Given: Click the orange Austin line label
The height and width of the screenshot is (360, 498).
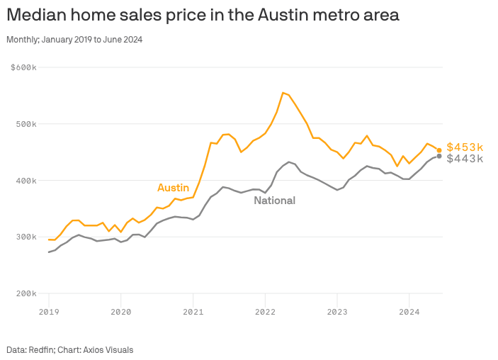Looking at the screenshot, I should coord(173,188).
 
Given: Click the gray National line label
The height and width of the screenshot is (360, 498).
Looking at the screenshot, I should coord(274,201).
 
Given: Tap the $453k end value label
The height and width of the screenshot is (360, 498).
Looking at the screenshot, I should coord(465,147).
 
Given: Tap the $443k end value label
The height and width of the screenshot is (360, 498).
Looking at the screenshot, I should coord(465,159).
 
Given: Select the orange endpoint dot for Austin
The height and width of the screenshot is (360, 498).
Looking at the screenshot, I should coord(439,150).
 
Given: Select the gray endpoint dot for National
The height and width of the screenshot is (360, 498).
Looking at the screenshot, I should coord(439,156).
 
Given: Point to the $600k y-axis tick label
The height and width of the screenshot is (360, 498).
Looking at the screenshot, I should coord(23,67).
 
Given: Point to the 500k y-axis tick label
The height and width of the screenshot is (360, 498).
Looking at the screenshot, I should coord(26,124).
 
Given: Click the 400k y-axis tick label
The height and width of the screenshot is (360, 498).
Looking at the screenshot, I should coord(26,181).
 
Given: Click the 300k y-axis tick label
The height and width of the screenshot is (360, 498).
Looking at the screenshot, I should coord(26,237).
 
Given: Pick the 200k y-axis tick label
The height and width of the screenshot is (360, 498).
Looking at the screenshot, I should coord(26,293).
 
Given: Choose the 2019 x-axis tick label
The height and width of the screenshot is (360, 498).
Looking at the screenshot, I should coord(48,310).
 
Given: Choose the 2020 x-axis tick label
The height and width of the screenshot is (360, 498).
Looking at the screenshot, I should coord(120,310).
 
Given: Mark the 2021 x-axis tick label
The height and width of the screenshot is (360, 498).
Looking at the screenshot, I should coord(193,310).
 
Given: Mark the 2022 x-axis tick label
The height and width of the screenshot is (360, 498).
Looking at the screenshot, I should coord(265,310).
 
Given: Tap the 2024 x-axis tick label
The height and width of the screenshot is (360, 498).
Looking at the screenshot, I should coord(409,310).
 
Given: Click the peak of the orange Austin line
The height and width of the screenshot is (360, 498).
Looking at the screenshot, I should coord(283,92).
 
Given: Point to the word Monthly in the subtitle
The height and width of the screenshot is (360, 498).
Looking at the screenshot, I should coord(23,40).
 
